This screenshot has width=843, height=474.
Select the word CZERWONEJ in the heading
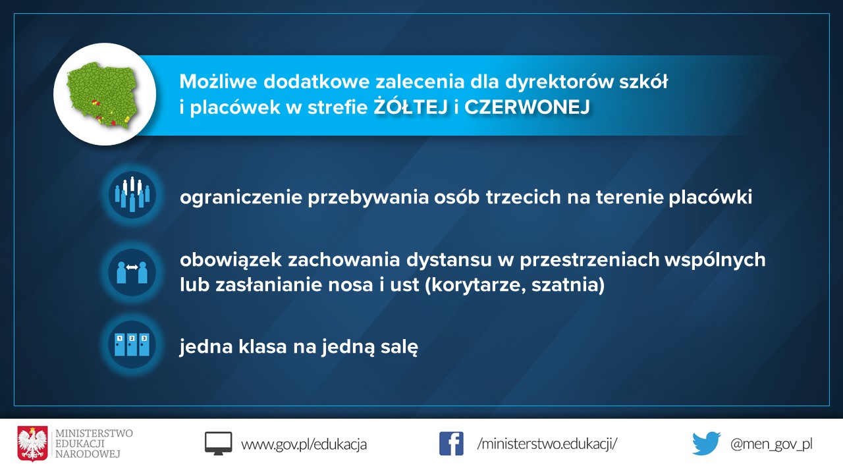(x=527, y=107)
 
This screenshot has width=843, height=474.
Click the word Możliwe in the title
(x=219, y=81)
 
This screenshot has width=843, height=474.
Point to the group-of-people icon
(x=132, y=194)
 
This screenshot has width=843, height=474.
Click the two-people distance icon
(x=132, y=272)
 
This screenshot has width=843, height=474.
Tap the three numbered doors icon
(x=132, y=344)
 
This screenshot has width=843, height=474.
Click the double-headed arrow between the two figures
(x=132, y=267)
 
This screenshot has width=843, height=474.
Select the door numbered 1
(x=119, y=344)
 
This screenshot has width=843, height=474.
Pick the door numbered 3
(x=144, y=344)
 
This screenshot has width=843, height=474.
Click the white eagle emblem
(x=32, y=444)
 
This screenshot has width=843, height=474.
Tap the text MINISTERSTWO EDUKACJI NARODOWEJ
(x=94, y=444)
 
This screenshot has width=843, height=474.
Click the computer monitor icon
(x=218, y=444)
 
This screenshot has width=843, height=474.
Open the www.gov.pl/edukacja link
(x=304, y=444)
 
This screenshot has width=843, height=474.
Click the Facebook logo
(x=451, y=444)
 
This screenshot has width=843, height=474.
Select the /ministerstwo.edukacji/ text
(x=547, y=444)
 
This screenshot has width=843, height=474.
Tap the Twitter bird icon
(x=707, y=444)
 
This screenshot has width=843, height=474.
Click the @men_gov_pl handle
(x=771, y=444)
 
